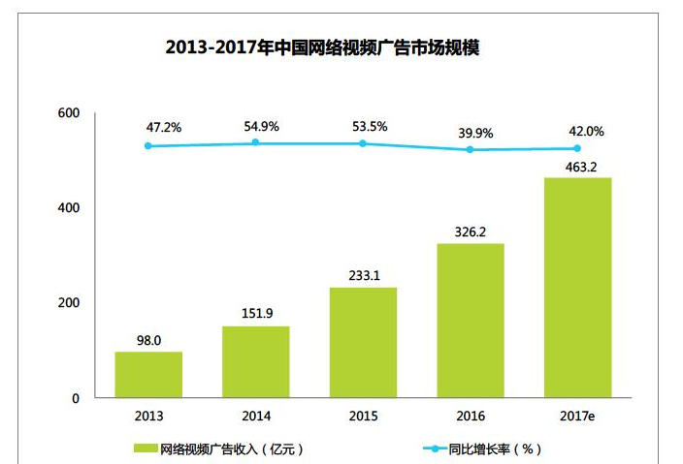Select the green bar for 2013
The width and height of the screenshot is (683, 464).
(x=148, y=374)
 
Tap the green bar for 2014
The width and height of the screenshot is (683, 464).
(x=255, y=361)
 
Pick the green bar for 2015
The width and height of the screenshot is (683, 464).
(x=363, y=342)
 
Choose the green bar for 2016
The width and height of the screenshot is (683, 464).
(x=471, y=320)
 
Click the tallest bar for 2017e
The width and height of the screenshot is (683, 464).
(x=577, y=288)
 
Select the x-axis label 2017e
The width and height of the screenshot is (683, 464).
(x=578, y=417)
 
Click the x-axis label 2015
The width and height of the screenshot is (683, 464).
(x=363, y=417)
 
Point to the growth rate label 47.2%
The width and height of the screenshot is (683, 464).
(x=148, y=127)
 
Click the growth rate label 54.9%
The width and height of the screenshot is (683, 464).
(x=255, y=127)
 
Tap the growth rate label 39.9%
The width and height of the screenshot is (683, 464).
(x=471, y=132)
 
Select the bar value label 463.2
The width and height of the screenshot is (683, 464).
(x=578, y=166)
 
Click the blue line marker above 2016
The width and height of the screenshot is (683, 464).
(x=471, y=149)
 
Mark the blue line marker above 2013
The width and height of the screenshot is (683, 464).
(x=148, y=145)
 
